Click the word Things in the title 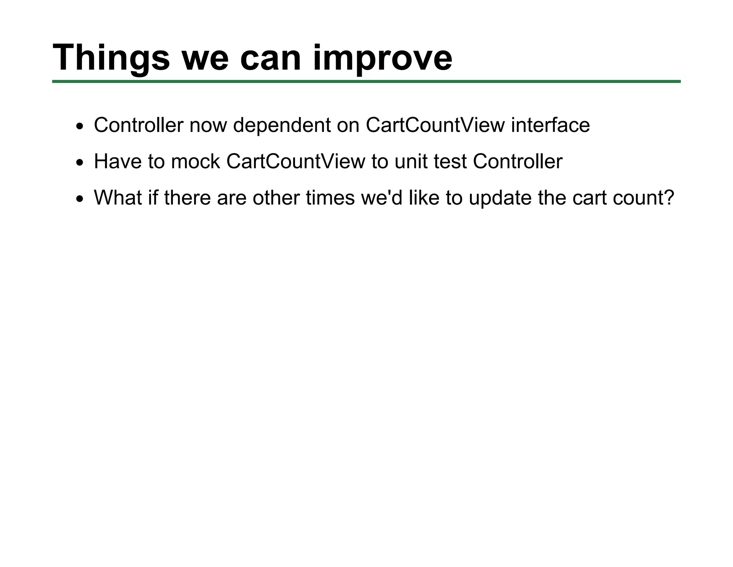(111, 58)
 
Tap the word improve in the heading (383, 58)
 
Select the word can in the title (270, 58)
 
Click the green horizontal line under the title (366, 82)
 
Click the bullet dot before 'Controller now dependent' (79, 127)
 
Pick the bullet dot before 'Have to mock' (79, 163)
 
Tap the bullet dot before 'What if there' (79, 199)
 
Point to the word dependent (282, 125)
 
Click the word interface (550, 125)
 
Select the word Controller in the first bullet (139, 125)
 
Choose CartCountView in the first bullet (435, 125)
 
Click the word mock (195, 162)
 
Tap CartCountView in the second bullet (296, 162)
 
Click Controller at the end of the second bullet (518, 162)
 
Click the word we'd (382, 198)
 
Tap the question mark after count (668, 198)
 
